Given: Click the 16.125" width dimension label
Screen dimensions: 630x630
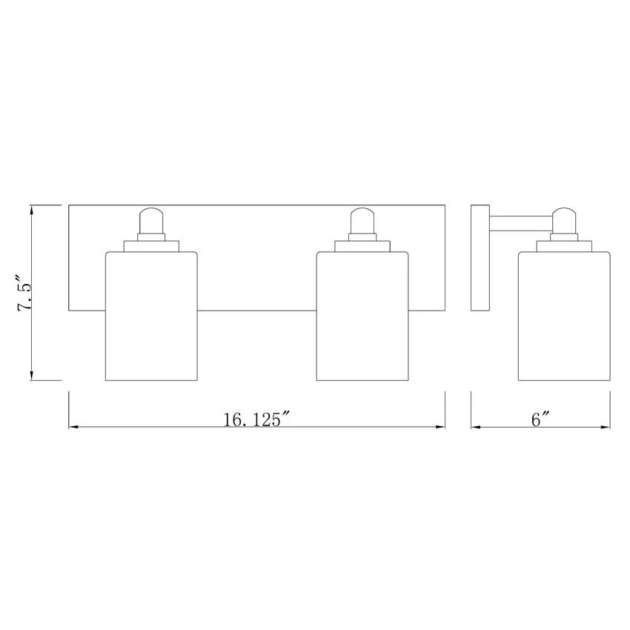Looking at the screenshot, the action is (256, 420).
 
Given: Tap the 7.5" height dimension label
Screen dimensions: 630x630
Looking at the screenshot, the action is (23, 294).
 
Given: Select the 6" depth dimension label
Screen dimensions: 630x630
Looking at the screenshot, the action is (540, 420).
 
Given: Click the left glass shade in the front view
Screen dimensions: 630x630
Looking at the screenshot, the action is (151, 316).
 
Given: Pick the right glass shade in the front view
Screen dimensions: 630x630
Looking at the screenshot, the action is (362, 316).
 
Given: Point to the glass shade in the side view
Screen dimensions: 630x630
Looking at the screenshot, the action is (564, 316).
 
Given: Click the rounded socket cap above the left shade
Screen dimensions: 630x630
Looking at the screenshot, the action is (151, 221).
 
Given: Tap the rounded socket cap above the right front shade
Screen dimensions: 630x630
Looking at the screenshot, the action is (362, 221).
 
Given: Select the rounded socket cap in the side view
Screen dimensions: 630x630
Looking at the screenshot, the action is (564, 221).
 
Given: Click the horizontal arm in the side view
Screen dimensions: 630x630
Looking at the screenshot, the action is (521, 223).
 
